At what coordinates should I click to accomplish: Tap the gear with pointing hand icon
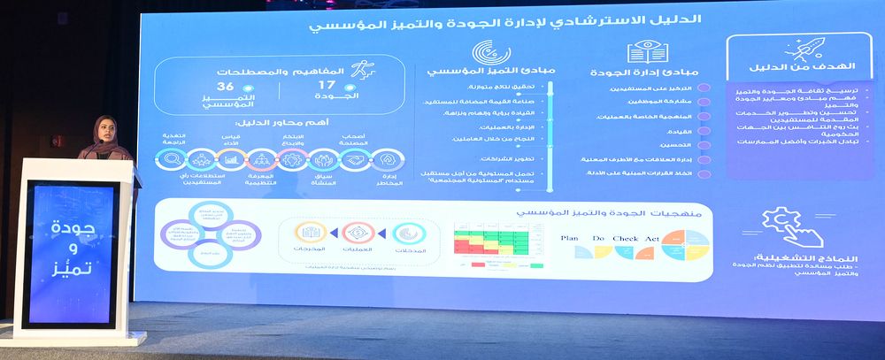780,225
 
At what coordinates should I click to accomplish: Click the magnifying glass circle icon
170,159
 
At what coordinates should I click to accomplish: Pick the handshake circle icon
355,159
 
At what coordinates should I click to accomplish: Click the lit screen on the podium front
70,252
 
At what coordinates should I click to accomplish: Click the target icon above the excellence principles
485,51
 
